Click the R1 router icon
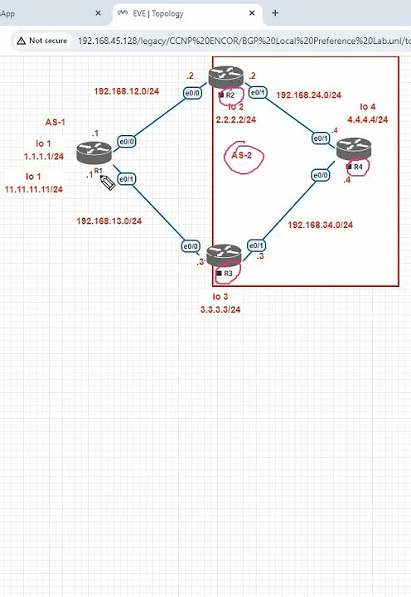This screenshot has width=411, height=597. point(94,153)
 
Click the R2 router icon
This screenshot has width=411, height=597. point(225,77)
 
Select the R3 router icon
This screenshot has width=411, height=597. point(224,255)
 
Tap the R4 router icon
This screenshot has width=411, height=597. point(354,149)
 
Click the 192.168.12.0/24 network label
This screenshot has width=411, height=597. point(125,90)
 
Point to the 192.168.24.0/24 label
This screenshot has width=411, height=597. point(308,95)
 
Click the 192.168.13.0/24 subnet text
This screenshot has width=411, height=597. point(109,221)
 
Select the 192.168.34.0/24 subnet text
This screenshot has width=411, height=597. point(321,225)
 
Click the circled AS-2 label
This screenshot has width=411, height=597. point(241,155)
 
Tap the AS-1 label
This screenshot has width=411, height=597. point(56,123)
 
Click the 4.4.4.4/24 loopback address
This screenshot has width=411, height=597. point(367,119)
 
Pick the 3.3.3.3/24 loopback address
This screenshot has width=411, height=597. point(220,309)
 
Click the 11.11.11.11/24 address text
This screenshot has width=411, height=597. point(34,189)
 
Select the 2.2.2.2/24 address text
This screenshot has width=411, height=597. point(235,119)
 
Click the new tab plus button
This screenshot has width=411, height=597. point(275,13)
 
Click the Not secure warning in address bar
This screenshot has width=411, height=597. point(43,40)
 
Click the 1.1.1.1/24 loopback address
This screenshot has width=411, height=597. point(44,156)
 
